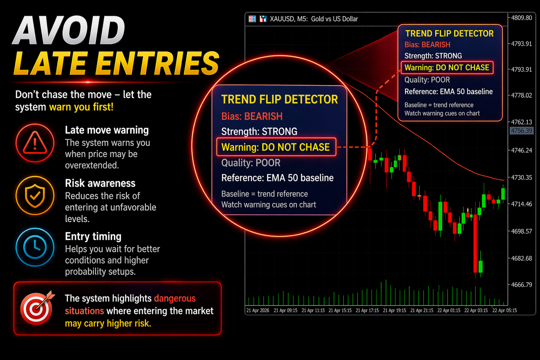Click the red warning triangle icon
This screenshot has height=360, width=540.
(35, 143)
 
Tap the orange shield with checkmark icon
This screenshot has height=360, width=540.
(35, 195)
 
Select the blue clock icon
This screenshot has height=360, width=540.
(35, 247)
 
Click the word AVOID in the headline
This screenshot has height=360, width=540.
(69, 30)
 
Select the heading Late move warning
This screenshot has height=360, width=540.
(107, 130)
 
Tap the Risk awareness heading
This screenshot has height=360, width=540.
(100, 183)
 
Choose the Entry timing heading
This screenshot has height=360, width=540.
(93, 237)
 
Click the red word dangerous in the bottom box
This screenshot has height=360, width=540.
(175, 298)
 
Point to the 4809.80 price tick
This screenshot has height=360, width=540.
(521, 18)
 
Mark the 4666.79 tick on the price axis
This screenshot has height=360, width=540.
(521, 285)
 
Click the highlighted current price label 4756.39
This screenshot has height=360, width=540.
(521, 131)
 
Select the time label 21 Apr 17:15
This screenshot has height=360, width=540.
(367, 310)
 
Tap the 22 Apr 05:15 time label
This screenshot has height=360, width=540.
(504, 310)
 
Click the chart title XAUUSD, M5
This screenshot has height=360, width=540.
(289, 19)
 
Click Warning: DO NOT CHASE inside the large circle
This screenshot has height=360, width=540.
(276, 147)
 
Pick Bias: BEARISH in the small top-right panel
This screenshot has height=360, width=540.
(427, 45)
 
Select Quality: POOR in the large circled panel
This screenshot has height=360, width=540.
(251, 163)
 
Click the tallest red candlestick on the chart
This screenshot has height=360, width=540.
(475, 244)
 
